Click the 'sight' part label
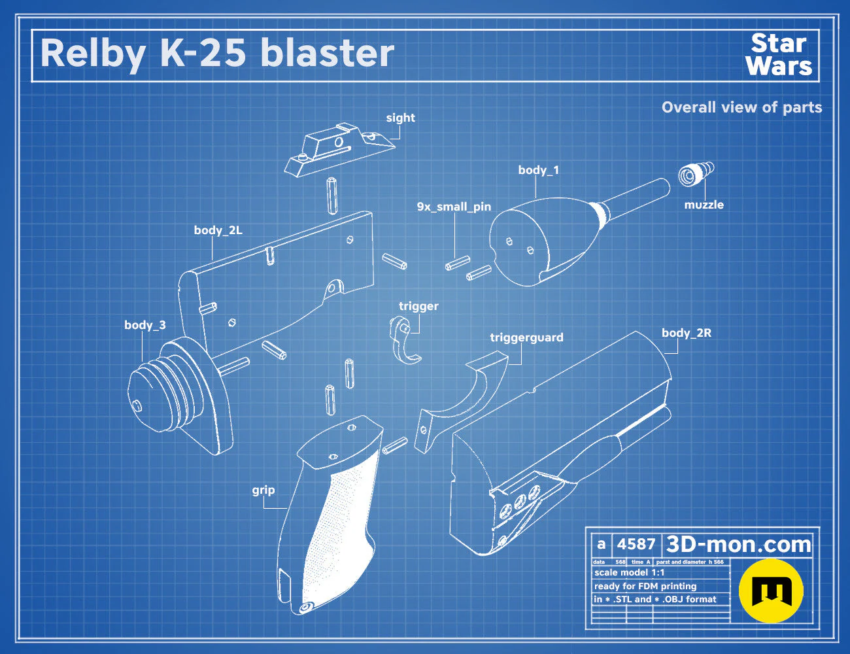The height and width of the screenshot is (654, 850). pos(400,118)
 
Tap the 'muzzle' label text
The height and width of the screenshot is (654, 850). pos(704,205)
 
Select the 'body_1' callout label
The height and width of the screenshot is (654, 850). pos(539,170)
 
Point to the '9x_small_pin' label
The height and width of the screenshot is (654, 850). pos(454,207)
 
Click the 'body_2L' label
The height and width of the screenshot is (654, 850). pos(218,230)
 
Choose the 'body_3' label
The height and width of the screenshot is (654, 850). pos(144,325)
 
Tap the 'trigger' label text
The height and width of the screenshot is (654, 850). pos(418,306)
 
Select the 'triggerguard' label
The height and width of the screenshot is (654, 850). pos(526,337)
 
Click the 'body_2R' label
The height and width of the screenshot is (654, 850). pos(687,333)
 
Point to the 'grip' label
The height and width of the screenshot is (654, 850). pos(263,490)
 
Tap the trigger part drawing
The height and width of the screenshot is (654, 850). pos(404,339)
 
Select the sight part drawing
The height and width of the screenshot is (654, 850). pos(339,149)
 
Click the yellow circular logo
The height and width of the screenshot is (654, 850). pos(771,591)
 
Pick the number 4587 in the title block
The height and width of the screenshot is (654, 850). pos(636,544)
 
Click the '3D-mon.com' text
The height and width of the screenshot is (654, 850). pos(738,544)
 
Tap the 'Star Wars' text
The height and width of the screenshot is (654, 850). pos(779,54)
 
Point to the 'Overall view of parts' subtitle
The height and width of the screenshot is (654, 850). pos(741,107)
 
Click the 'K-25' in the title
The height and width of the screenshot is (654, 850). pos(203,53)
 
